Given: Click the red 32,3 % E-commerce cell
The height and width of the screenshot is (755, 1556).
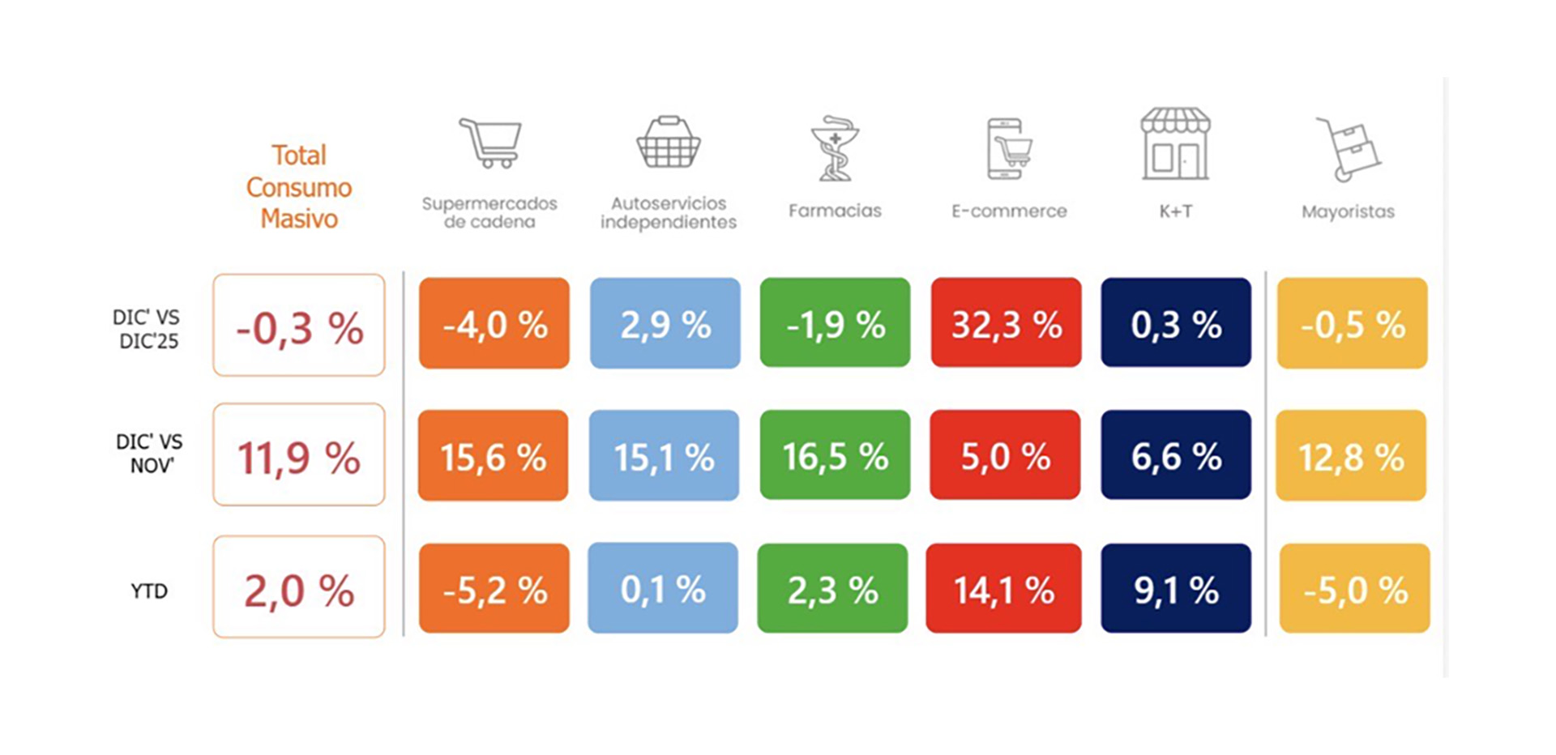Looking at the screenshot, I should (x=1006, y=323).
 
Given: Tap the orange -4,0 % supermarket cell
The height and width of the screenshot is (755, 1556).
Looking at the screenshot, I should (x=494, y=323).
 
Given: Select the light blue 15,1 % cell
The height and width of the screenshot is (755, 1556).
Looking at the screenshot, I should (x=664, y=456).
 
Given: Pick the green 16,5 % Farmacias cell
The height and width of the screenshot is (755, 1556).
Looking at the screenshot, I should (x=835, y=455).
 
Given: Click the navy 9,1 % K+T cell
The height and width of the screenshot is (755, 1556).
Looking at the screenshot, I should (x=1175, y=589).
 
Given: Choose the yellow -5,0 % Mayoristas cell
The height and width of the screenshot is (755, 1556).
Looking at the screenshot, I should (x=1354, y=589).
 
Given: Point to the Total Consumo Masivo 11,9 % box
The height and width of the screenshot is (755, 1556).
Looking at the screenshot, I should (x=298, y=455).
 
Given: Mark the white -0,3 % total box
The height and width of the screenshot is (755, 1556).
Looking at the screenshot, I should (x=298, y=325).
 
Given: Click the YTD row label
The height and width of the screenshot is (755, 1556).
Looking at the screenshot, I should (x=149, y=591).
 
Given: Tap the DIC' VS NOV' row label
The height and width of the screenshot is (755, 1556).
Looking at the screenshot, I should (x=149, y=454).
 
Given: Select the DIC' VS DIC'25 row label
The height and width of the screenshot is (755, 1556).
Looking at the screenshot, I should (x=147, y=329).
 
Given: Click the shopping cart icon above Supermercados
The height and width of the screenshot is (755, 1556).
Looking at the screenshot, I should (x=491, y=143).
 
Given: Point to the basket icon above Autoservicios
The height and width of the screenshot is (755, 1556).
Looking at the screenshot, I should (x=669, y=143).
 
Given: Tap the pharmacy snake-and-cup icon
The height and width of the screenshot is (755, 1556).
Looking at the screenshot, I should (x=835, y=148).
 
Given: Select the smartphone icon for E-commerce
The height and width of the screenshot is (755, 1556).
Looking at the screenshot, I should (x=1008, y=148).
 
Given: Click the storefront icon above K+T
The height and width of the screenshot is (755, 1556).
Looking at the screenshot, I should (x=1175, y=144).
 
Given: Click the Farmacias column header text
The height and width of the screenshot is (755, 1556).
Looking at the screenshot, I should (x=835, y=211).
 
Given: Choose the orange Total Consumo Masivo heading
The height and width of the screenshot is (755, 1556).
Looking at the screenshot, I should (x=299, y=187).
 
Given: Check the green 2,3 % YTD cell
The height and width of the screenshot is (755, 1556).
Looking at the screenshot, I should (x=832, y=589).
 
